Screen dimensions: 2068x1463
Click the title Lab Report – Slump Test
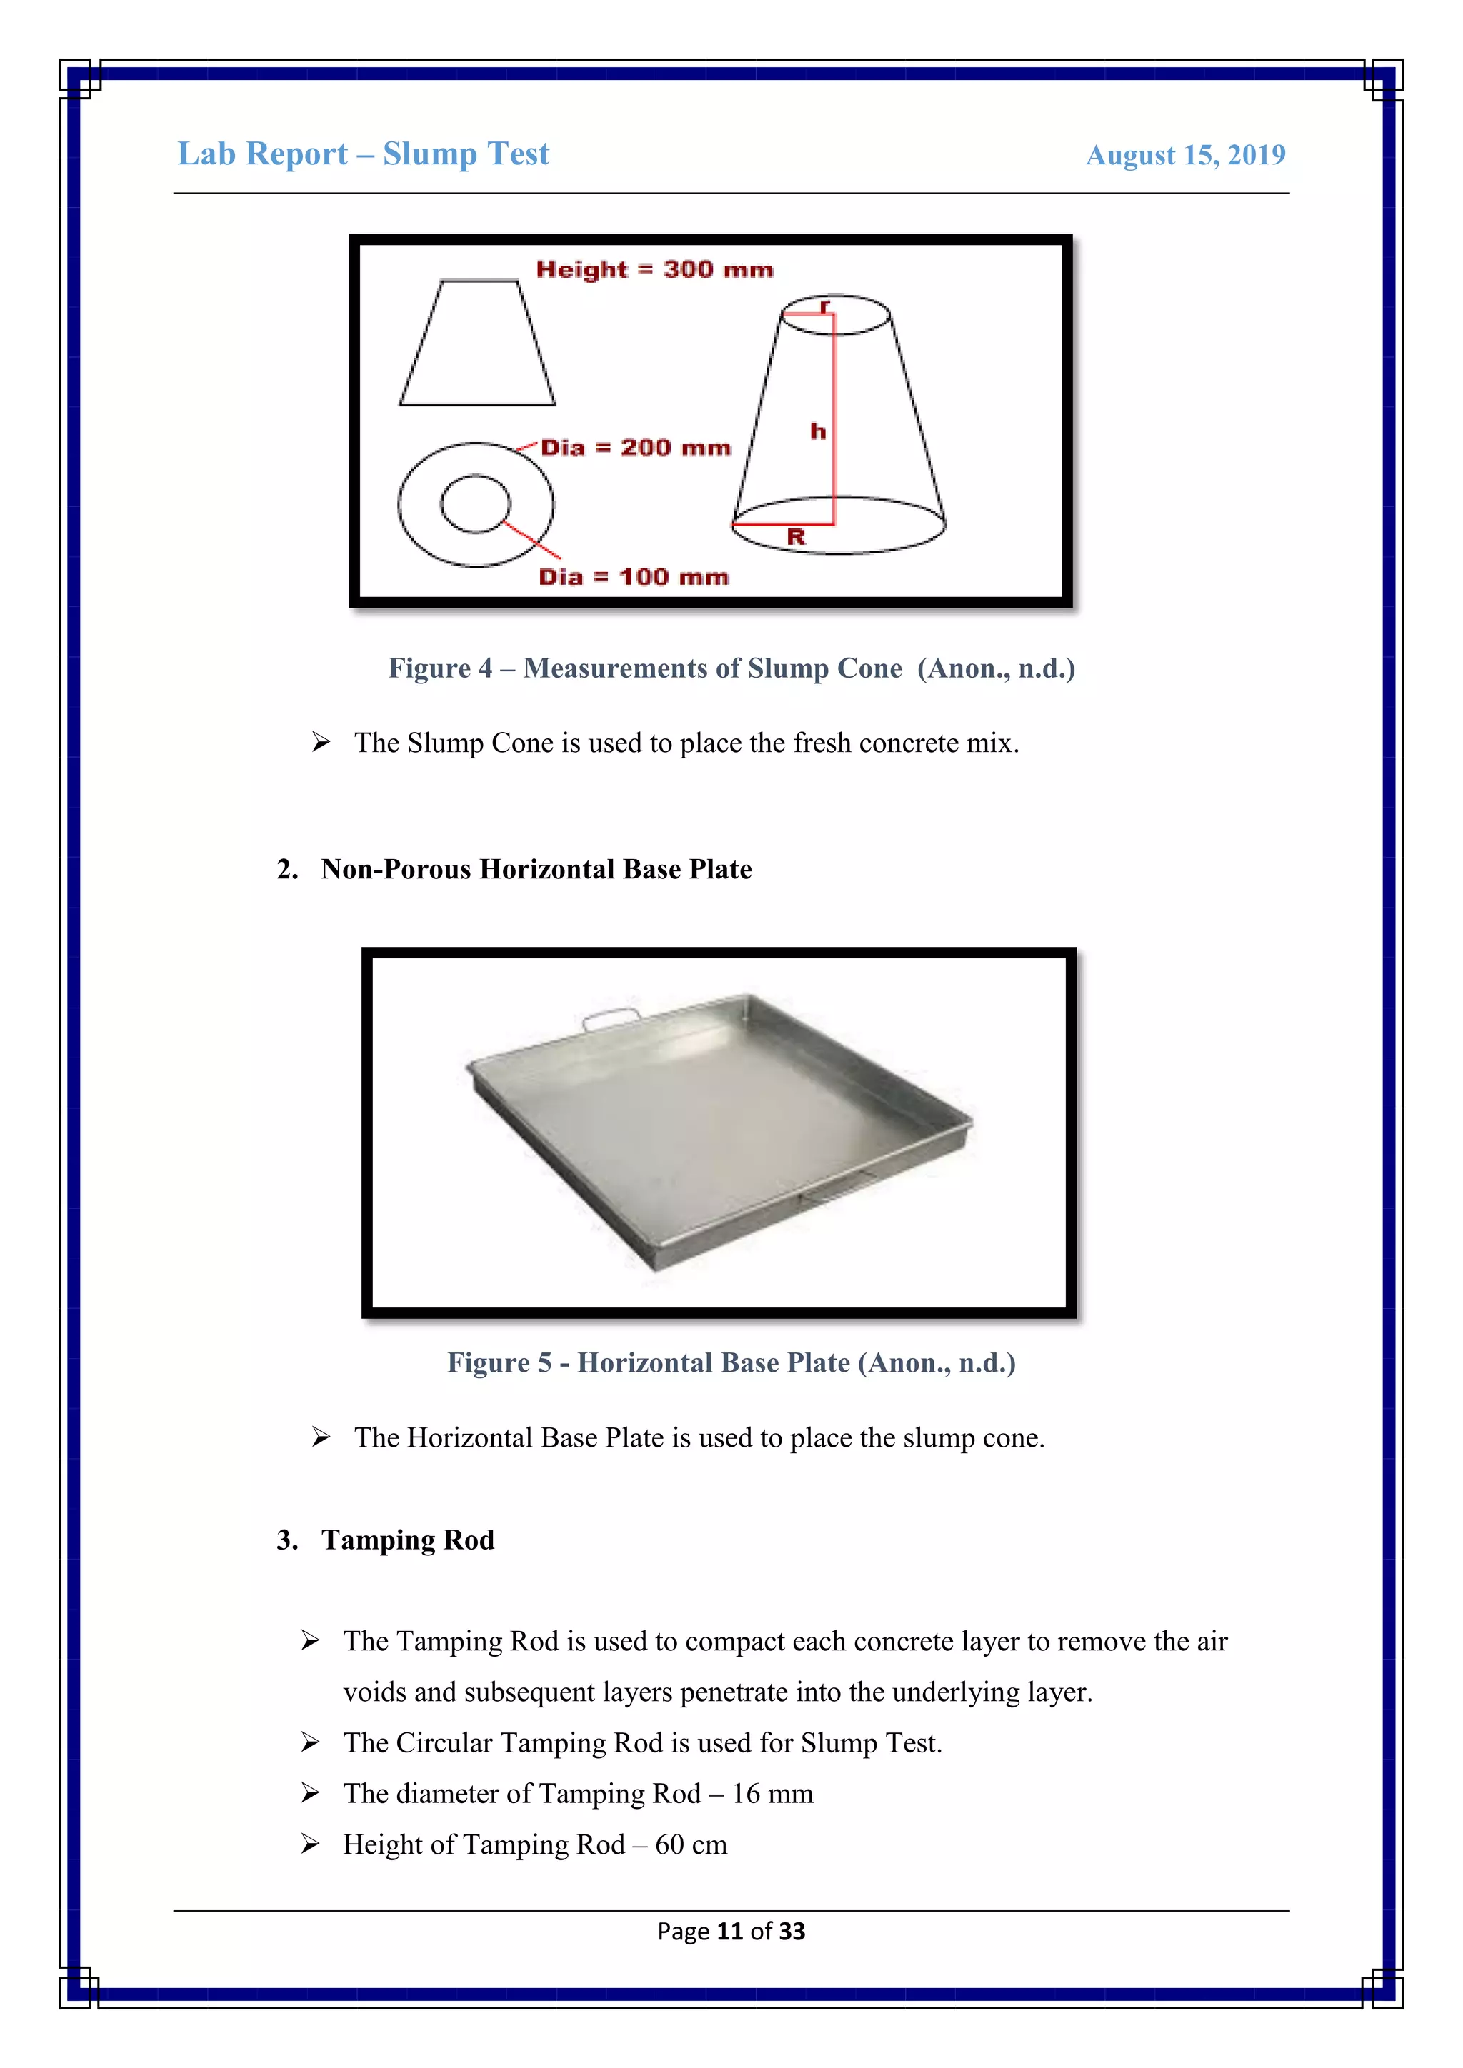363,154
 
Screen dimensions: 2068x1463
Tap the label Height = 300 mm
654,269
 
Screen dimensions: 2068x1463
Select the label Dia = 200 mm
636,448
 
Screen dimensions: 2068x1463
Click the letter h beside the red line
817,431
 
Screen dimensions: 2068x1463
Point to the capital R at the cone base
796,538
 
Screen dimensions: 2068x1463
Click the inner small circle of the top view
476,503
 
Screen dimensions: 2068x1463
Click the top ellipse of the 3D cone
835,314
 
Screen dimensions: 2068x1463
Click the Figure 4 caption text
731,668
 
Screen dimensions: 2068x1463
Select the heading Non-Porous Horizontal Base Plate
536,869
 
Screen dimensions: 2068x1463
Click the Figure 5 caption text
731,1362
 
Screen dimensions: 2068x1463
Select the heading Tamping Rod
407,1540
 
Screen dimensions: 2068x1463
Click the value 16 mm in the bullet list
772,1795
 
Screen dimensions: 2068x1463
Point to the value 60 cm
691,1844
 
